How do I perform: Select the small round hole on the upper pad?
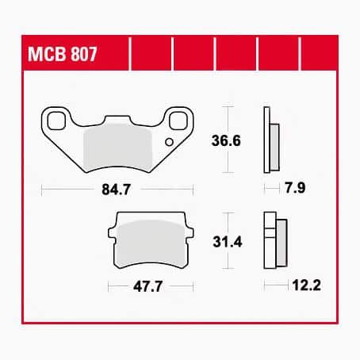pos(168,143)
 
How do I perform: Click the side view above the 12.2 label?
pos(274,241)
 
